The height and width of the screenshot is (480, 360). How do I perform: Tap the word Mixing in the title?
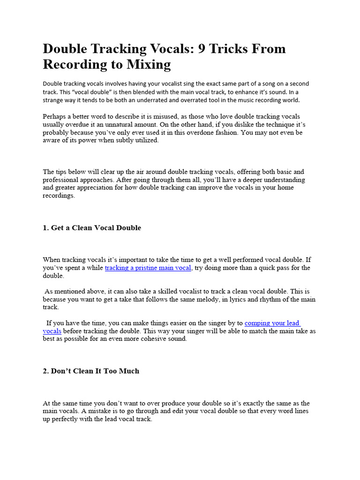pos(147,64)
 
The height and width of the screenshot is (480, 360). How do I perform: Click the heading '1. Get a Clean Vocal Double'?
pos(92,228)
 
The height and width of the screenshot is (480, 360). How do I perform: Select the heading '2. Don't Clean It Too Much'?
pos(91,371)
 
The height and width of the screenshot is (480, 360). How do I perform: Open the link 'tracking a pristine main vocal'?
pos(148,268)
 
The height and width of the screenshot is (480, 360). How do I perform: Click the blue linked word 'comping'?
pos(259,323)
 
